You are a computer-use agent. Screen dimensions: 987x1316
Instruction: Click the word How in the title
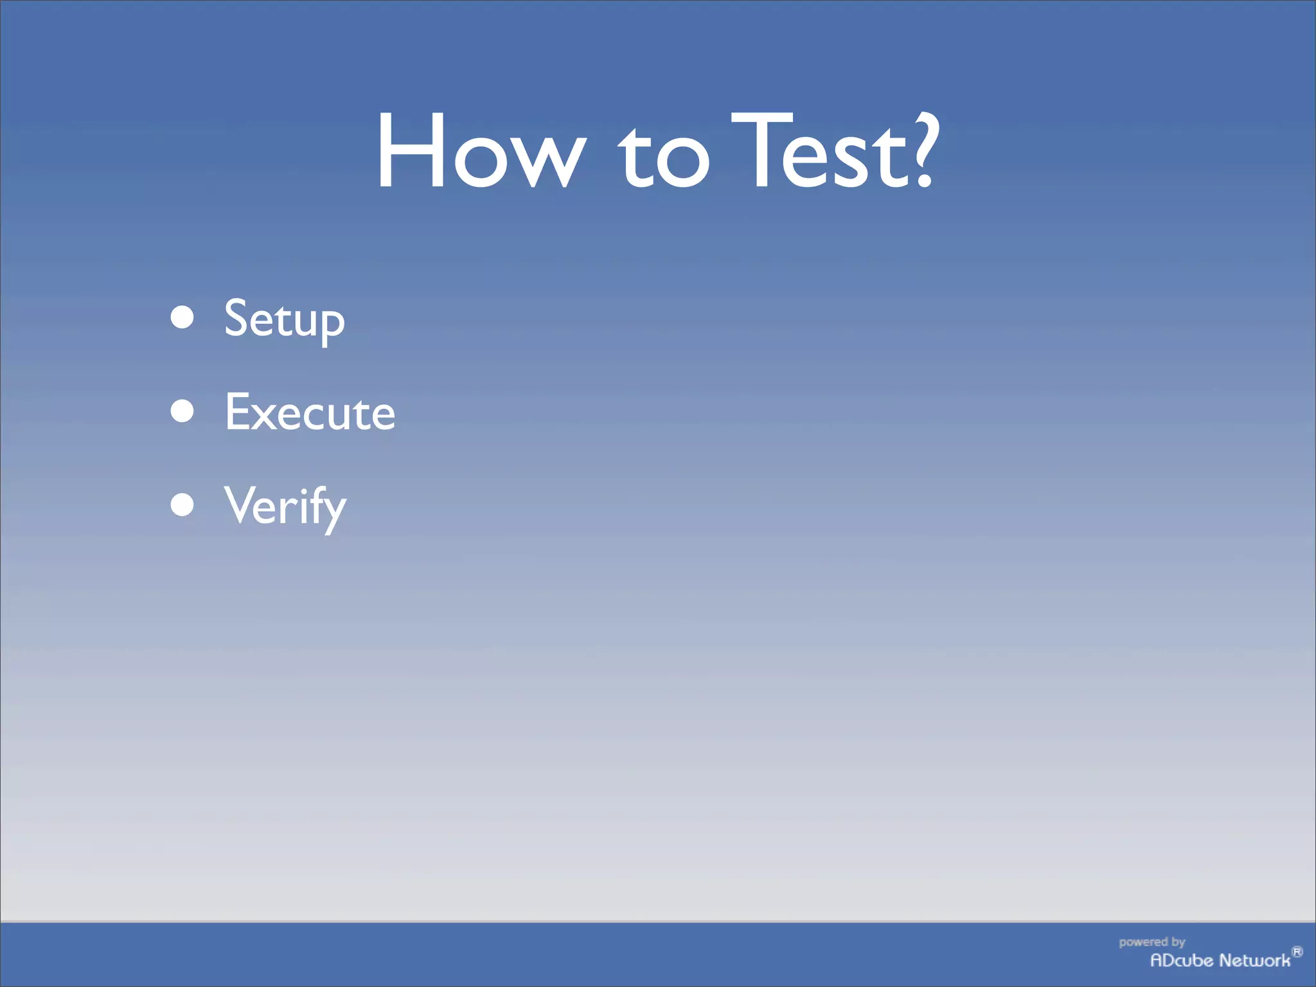(481, 151)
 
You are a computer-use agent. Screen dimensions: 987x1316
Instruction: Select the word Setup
(284, 319)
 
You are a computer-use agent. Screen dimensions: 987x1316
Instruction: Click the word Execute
(310, 413)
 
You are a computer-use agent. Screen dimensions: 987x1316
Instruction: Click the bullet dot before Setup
(182, 317)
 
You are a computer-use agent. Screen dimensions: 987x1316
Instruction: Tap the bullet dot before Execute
(182, 411)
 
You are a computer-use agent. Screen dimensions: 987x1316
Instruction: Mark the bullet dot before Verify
(182, 505)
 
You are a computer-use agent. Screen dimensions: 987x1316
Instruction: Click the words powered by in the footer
(1151, 942)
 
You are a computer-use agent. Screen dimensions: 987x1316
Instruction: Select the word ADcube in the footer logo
(1182, 961)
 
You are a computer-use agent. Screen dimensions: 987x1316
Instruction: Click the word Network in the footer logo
(1255, 961)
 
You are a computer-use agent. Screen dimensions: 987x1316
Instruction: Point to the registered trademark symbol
(1297, 952)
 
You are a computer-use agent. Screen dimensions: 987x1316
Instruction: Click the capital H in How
(411, 151)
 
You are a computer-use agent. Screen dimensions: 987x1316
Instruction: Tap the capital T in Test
(762, 151)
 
